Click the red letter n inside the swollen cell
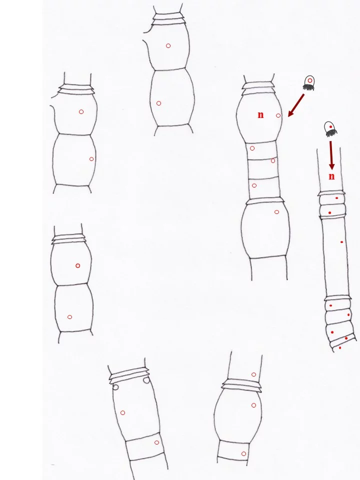click(260, 115)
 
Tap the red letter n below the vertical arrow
click(331, 176)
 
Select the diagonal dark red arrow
click(296, 105)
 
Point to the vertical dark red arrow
click(331, 155)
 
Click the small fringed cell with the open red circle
click(309, 83)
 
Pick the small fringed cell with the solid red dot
click(330, 129)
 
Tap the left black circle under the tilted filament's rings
click(115, 387)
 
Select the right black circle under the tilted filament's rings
click(146, 380)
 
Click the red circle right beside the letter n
click(278, 115)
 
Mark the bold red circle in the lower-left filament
click(78, 265)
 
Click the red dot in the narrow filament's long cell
click(341, 242)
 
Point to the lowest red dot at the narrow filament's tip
click(340, 348)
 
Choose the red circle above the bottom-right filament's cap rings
click(253, 374)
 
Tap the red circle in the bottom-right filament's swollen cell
click(253, 405)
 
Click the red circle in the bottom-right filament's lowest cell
click(243, 453)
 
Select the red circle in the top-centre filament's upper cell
click(168, 46)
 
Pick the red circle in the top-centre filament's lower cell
click(158, 103)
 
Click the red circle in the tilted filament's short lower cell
click(156, 442)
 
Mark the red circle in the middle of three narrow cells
click(273, 160)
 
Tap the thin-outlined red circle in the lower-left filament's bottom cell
click(69, 317)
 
